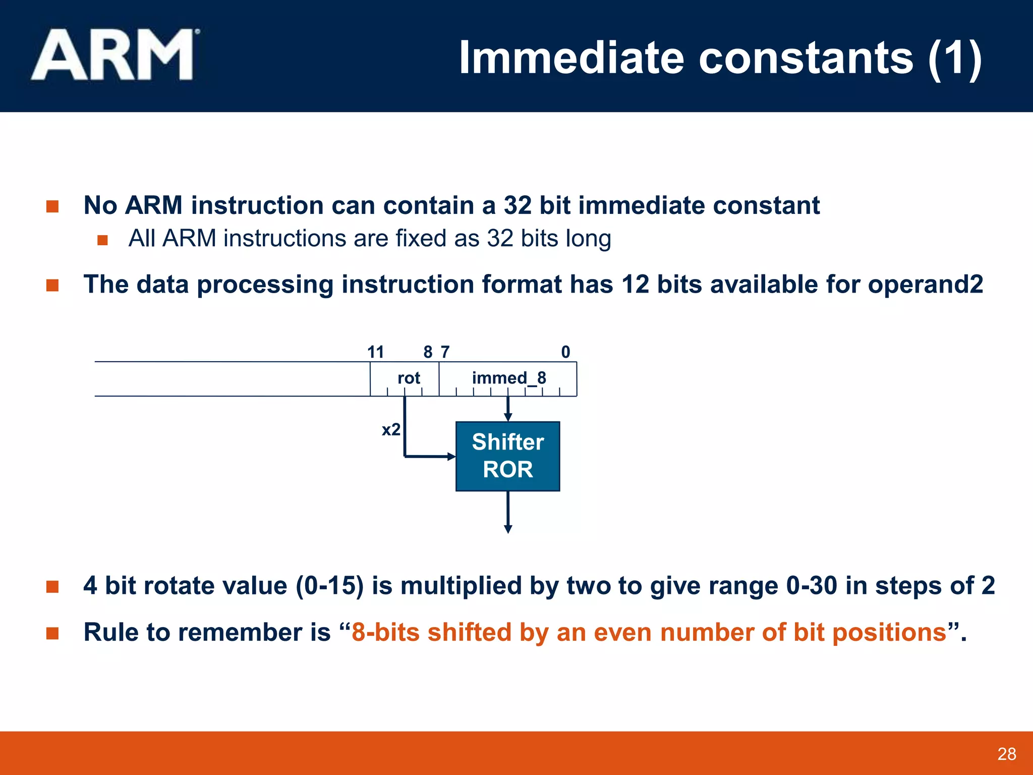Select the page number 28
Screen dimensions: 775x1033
[x=1006, y=754]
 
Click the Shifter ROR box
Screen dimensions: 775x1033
[x=507, y=456]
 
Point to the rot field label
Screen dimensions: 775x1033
[x=409, y=378]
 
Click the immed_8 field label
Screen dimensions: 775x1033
[x=508, y=378]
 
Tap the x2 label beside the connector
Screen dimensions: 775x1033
[x=391, y=429]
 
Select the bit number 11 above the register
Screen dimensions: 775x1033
[x=375, y=352]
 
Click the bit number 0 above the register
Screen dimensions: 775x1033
[x=565, y=352]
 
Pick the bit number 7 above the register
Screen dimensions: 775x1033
[x=445, y=352]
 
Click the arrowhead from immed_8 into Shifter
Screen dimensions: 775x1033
[x=508, y=417]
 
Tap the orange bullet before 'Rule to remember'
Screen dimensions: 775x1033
[x=52, y=633]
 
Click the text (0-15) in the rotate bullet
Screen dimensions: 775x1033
[x=329, y=586]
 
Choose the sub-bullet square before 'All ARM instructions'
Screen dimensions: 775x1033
[x=102, y=240]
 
